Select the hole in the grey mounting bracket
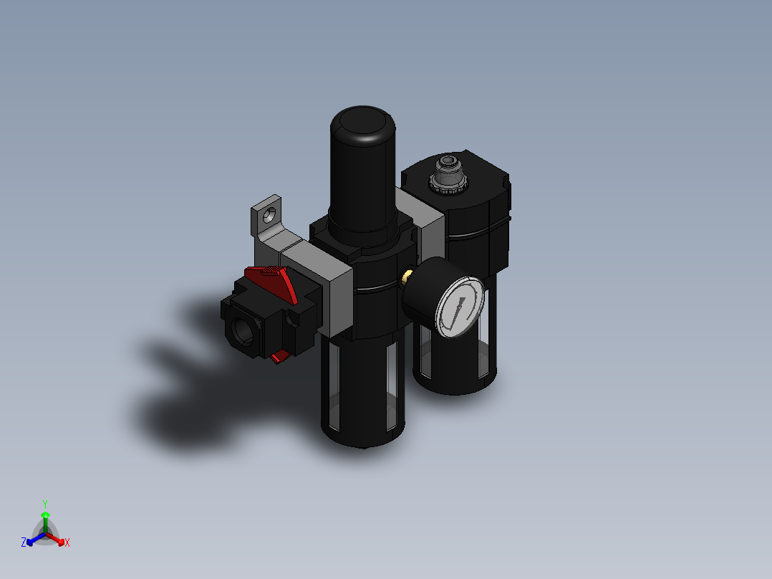(271, 214)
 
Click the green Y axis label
(44, 504)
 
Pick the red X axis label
(67, 543)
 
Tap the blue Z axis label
(24, 543)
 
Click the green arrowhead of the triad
(45, 515)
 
